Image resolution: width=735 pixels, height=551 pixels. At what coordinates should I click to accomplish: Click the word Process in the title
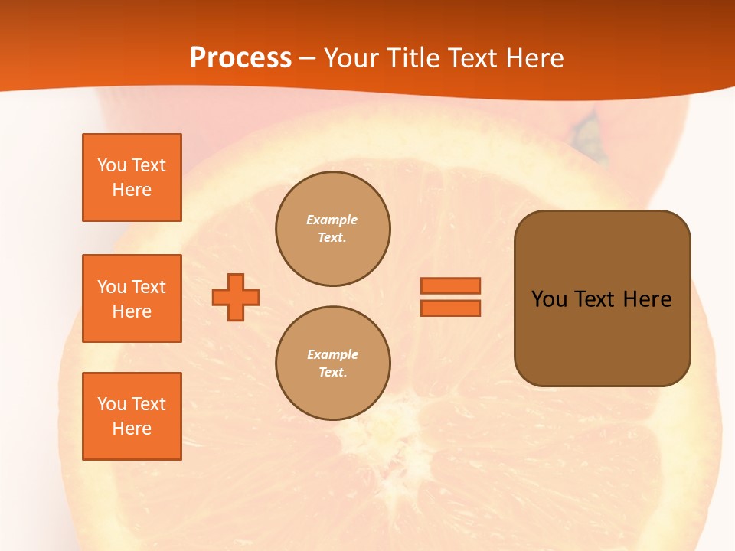(240, 58)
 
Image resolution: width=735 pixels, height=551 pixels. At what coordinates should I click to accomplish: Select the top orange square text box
(132, 178)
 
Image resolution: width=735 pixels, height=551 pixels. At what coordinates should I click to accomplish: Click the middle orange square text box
(132, 298)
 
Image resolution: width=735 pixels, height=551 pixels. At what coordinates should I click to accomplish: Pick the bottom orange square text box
(132, 416)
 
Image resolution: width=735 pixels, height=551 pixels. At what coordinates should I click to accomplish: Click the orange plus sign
(236, 297)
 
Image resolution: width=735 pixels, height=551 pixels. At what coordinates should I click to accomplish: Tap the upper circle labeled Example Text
(332, 229)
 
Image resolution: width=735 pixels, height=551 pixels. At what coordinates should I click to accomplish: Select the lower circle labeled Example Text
(332, 364)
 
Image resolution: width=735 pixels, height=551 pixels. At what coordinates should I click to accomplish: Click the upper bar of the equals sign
(451, 285)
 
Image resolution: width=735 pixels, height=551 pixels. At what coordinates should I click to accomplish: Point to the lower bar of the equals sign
(451, 308)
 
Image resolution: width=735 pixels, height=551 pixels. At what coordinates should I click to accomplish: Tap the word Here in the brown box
(647, 299)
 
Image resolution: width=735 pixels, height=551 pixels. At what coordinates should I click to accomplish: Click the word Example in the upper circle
(332, 220)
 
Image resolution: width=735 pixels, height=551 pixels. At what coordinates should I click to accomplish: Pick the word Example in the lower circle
(332, 354)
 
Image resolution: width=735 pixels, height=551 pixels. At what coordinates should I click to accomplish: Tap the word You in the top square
(112, 165)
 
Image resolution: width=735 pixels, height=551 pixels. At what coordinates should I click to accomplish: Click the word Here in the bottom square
(132, 429)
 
